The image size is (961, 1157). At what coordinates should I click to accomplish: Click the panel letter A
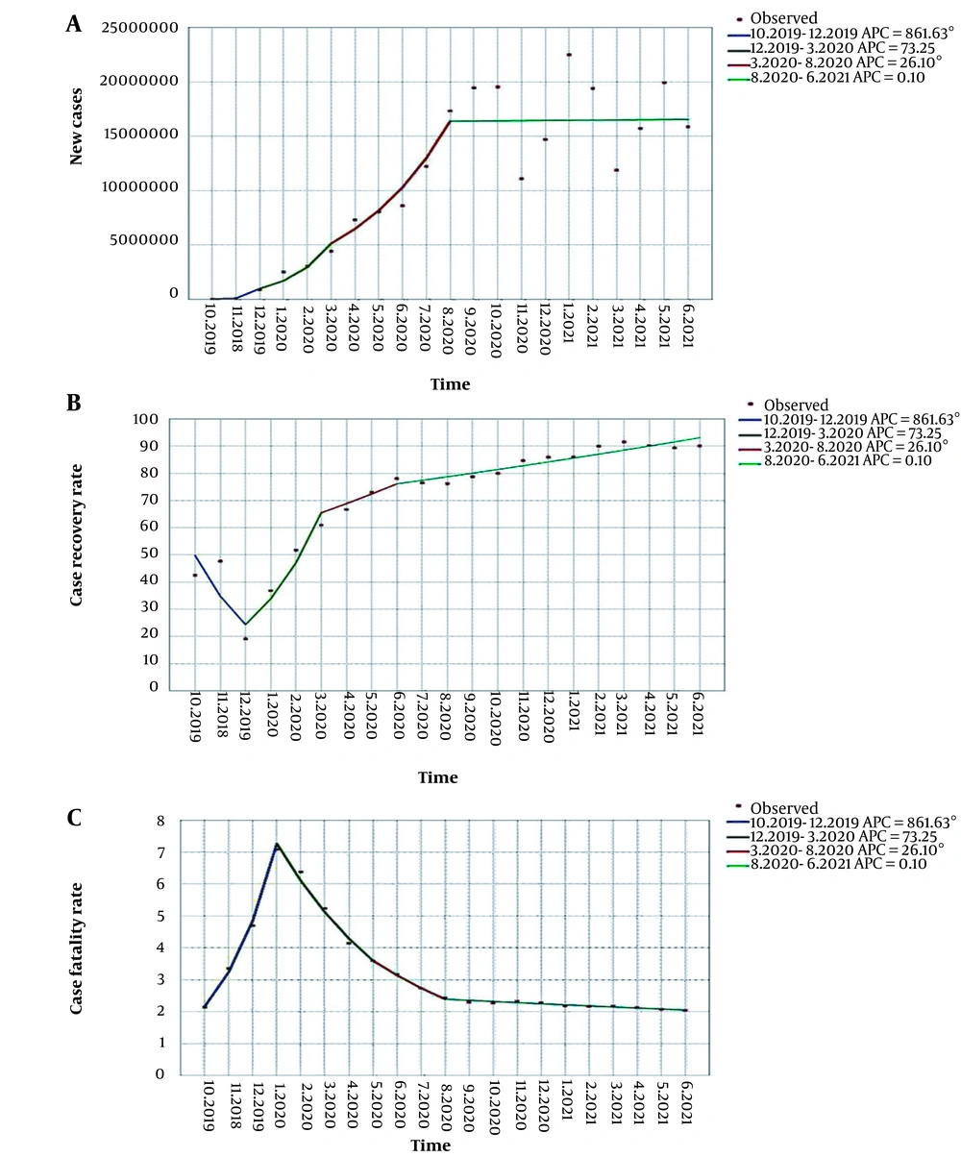tap(73, 24)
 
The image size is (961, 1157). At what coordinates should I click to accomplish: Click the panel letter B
tap(73, 403)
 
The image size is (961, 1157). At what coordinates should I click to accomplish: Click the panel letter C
tap(73, 818)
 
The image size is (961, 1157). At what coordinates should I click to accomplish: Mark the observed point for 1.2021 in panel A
tap(569, 55)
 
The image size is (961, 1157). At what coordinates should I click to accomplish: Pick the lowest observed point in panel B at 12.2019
tap(245, 638)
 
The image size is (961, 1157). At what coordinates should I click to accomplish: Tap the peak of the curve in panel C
tap(277, 845)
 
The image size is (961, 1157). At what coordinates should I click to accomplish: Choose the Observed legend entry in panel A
tap(793, 16)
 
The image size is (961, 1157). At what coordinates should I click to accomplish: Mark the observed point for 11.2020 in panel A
tap(521, 179)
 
